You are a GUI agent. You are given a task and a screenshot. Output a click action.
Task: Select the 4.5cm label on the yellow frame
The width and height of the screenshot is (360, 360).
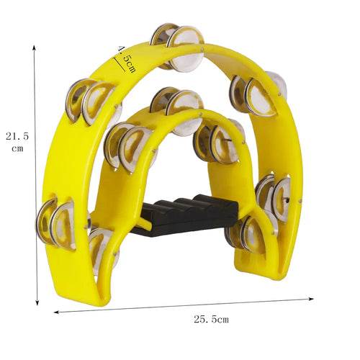(x=127, y=59)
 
